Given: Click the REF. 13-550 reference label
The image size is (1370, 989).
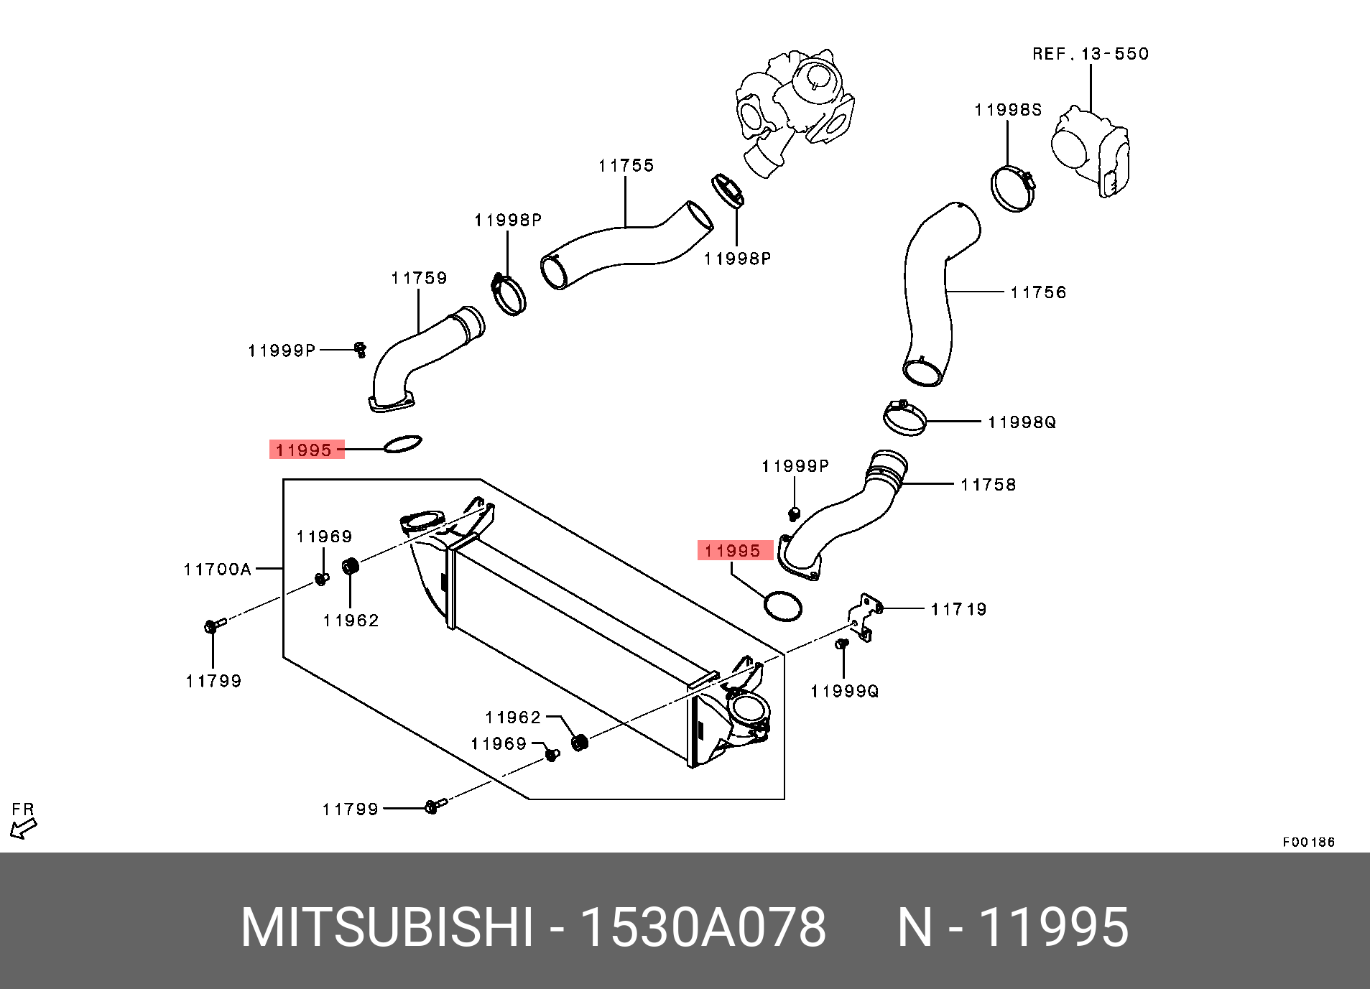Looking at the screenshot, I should click(x=1090, y=54).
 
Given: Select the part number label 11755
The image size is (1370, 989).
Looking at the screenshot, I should click(x=626, y=166).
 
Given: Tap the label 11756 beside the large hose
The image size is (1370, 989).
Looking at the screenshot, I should click(x=1038, y=292).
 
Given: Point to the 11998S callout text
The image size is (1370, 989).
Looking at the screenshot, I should click(x=1008, y=110).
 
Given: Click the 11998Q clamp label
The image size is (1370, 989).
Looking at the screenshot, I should click(x=1022, y=422).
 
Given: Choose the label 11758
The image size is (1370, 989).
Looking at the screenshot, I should click(x=988, y=485).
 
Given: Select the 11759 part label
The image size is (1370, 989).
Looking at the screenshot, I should click(x=419, y=278).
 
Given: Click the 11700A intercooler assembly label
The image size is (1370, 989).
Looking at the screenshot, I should click(x=217, y=570).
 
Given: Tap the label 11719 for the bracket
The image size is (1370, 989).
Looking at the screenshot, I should click(x=958, y=610).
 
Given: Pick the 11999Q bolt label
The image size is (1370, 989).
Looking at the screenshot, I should click(x=844, y=691).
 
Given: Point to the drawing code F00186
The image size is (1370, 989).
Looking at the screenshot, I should click(x=1308, y=842).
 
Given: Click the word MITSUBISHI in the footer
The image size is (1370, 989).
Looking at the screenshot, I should click(x=387, y=927).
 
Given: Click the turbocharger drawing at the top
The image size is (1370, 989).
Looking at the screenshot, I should click(x=794, y=108).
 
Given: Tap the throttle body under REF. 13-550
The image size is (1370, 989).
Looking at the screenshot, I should click(x=1091, y=151).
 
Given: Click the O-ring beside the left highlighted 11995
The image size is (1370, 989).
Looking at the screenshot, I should click(x=402, y=444).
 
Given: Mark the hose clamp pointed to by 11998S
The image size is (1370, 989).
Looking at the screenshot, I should click(x=1012, y=188).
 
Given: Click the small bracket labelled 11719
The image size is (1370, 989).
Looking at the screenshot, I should click(x=864, y=616).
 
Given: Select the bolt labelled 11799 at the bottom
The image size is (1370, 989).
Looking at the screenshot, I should click(x=433, y=806).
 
